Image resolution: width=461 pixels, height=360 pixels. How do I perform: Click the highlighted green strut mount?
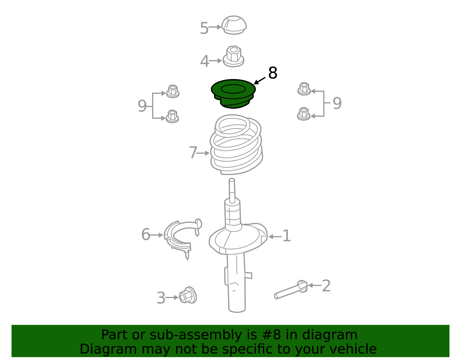233,94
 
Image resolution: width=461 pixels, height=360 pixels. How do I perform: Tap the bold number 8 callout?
273,73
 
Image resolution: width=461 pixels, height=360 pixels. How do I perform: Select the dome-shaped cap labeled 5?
234,25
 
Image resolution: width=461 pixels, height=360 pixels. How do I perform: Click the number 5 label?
204,28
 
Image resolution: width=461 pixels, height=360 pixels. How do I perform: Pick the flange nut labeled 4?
233,56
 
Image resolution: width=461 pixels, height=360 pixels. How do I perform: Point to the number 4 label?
205,61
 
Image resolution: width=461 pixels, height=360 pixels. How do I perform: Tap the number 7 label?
193,152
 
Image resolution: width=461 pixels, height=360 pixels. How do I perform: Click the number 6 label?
146,234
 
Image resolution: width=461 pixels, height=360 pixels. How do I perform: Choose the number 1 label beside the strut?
287,235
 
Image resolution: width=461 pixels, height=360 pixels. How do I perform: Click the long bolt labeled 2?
291,290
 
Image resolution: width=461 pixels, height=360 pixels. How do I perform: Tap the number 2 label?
326,286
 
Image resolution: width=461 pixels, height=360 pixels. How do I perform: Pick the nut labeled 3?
188,295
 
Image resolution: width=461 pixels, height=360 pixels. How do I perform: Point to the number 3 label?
161,298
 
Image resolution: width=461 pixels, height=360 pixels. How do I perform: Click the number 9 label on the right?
337,103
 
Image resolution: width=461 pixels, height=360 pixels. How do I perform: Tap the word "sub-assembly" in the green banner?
196,335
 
